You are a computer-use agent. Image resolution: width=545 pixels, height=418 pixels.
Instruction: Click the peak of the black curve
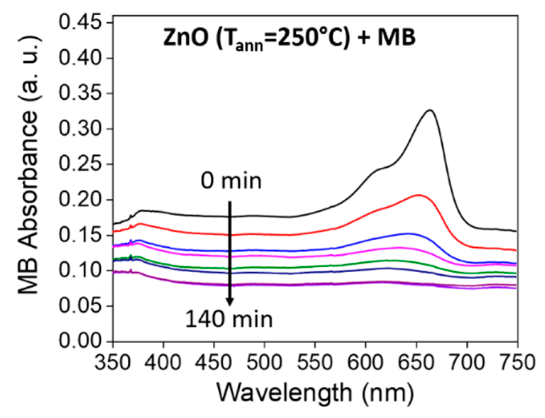pyautogui.click(x=430, y=110)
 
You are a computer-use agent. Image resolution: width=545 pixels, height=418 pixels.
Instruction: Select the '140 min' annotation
pyautogui.click(x=229, y=319)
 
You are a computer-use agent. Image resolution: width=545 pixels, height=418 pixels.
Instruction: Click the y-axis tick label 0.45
pyautogui.click(x=81, y=23)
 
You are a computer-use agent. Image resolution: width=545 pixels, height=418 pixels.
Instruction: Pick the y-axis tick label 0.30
pyautogui.click(x=81, y=129)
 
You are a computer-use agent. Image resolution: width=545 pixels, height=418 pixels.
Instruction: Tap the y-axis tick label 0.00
pyautogui.click(x=81, y=341)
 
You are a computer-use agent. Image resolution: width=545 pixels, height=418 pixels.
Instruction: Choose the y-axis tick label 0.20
pyautogui.click(x=81, y=200)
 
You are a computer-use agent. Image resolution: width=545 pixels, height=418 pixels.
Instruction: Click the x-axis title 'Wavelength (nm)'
pyautogui.click(x=315, y=393)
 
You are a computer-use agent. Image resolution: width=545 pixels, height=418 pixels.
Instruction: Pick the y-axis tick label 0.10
pyautogui.click(x=81, y=271)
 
